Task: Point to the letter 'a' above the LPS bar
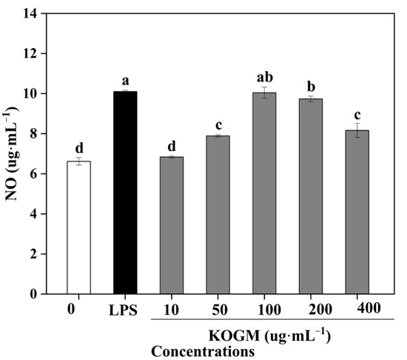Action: point(125,81)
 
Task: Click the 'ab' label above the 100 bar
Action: point(264,76)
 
